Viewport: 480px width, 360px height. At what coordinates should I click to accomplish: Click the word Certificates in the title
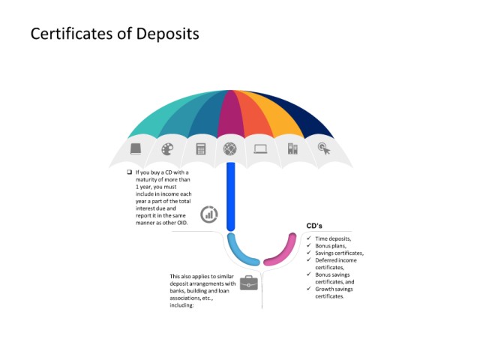pyautogui.click(x=72, y=33)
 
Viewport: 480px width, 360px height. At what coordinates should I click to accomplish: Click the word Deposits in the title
pyautogui.click(x=168, y=34)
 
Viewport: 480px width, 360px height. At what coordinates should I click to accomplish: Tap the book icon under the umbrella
pyautogui.click(x=136, y=148)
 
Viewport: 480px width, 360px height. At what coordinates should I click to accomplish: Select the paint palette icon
pyautogui.click(x=167, y=149)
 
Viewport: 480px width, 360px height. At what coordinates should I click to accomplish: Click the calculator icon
pyautogui.click(x=201, y=148)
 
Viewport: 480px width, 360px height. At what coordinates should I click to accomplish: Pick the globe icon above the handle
pyautogui.click(x=230, y=149)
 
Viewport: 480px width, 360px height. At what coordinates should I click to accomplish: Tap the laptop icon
pyautogui.click(x=260, y=149)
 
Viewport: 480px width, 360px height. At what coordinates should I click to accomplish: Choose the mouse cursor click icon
pyautogui.click(x=324, y=148)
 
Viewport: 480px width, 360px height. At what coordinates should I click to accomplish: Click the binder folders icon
pyautogui.click(x=292, y=148)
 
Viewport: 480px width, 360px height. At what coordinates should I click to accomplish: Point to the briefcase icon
pyautogui.click(x=249, y=283)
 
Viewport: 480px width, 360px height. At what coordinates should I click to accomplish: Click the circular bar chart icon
pyautogui.click(x=209, y=214)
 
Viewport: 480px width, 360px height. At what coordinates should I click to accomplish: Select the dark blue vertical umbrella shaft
pyautogui.click(x=230, y=196)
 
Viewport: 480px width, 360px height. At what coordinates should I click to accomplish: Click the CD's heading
pyautogui.click(x=314, y=226)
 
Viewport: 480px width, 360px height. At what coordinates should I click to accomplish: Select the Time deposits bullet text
pyautogui.click(x=333, y=238)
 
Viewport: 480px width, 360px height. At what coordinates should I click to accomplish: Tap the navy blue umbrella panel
pyautogui.click(x=300, y=114)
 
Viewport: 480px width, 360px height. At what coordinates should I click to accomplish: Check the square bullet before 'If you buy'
pyautogui.click(x=130, y=172)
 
